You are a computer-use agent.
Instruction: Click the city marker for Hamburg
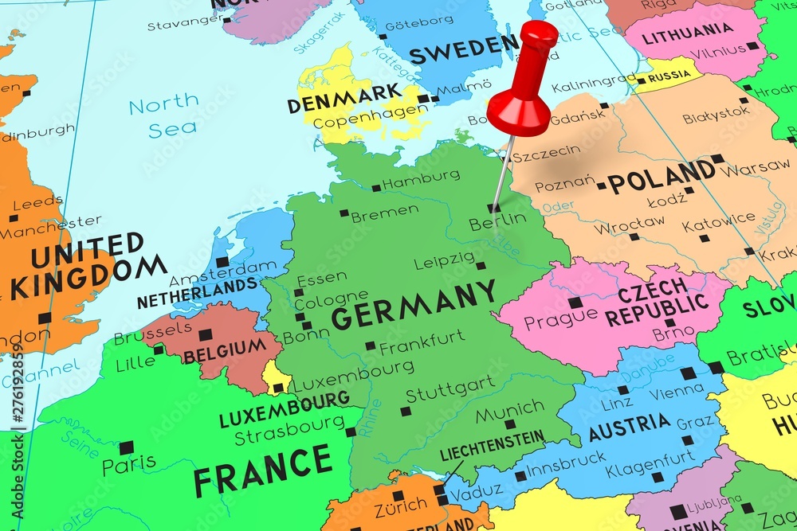click(376, 188)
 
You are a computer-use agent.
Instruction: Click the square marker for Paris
click(126, 447)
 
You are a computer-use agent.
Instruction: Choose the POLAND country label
click(661, 176)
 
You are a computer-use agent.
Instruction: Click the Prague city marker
click(574, 303)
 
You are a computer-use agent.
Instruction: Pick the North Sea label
click(164, 114)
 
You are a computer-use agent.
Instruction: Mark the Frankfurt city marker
click(370, 346)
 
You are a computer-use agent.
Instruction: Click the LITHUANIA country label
click(686, 36)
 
